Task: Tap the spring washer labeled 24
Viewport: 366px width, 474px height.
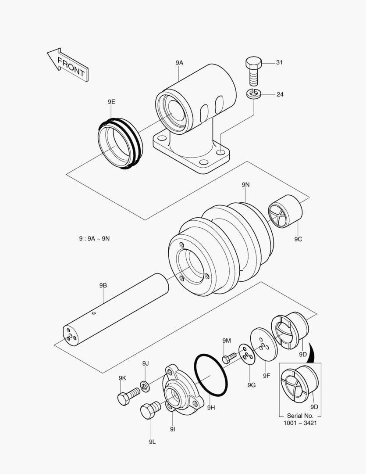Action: (x=254, y=93)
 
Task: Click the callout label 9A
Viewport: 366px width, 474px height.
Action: (x=179, y=63)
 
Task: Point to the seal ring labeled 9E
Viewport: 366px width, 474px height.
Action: (x=119, y=143)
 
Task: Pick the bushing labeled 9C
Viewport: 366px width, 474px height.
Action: (x=285, y=211)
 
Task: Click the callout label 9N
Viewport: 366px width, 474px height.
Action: (x=245, y=185)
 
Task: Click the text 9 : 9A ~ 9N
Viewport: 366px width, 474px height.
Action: (x=94, y=238)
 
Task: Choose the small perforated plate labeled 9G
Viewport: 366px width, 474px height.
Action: (x=247, y=355)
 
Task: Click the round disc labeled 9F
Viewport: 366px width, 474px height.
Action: (x=264, y=345)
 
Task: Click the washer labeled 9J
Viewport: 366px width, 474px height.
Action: (x=146, y=386)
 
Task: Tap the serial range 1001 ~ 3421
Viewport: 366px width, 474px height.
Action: (x=300, y=423)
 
